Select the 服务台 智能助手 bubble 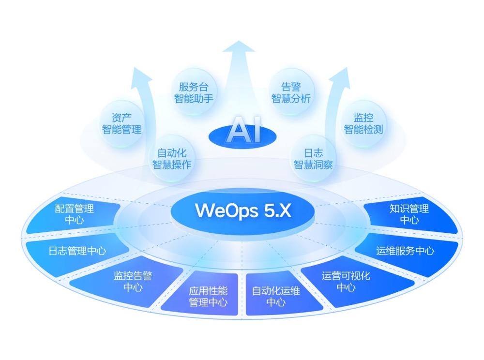[x=194, y=92]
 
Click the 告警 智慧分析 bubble [x=291, y=92]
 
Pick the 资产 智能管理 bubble [x=121, y=123]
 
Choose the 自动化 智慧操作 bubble [x=172, y=159]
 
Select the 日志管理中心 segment [x=77, y=251]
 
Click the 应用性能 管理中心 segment [x=208, y=297]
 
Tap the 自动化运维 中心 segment [x=276, y=297]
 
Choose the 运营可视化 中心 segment [x=346, y=281]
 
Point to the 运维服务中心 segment [x=405, y=251]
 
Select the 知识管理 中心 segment [x=409, y=214]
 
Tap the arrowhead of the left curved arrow [x=142, y=74]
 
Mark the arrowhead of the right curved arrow [x=342, y=74]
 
